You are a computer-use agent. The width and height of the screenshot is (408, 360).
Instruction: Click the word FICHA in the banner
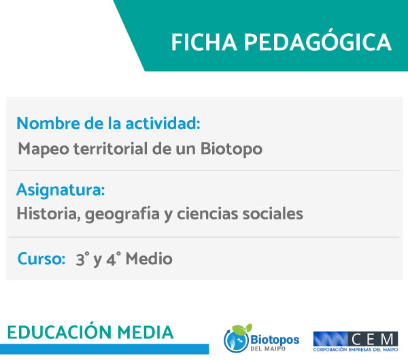[204, 42]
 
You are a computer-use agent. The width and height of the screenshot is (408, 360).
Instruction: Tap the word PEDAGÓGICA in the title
[318, 41]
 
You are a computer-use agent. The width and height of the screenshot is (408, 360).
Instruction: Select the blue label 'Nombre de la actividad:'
[109, 123]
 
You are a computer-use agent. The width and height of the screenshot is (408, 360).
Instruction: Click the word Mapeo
[44, 149]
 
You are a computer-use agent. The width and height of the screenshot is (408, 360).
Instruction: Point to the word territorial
[111, 149]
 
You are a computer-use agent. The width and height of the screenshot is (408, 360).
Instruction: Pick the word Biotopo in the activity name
[231, 149]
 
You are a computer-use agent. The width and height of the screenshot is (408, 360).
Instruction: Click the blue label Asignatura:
[61, 190]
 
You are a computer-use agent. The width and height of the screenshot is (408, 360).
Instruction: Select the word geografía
[122, 215]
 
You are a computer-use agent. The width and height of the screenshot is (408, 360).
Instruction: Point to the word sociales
[273, 214]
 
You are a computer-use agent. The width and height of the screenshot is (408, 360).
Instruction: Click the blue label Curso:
[41, 259]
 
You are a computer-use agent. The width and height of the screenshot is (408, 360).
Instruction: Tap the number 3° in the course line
[82, 259]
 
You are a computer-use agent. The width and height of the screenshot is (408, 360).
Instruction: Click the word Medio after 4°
[149, 259]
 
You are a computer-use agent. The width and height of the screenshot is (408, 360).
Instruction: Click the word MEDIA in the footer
[146, 332]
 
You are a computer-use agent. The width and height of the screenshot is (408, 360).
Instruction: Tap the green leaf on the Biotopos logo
[242, 329]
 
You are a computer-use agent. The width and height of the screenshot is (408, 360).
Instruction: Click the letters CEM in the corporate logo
[373, 339]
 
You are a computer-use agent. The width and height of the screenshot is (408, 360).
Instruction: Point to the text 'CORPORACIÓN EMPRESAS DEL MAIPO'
[356, 350]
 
